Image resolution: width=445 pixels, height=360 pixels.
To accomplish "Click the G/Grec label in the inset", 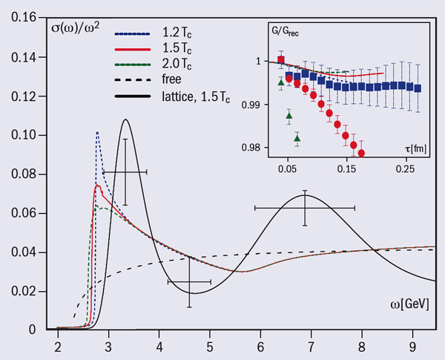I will point(289,32).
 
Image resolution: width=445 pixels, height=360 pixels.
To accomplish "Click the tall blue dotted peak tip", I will point(97,132).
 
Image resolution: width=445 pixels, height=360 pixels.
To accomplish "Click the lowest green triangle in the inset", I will point(297,138).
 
